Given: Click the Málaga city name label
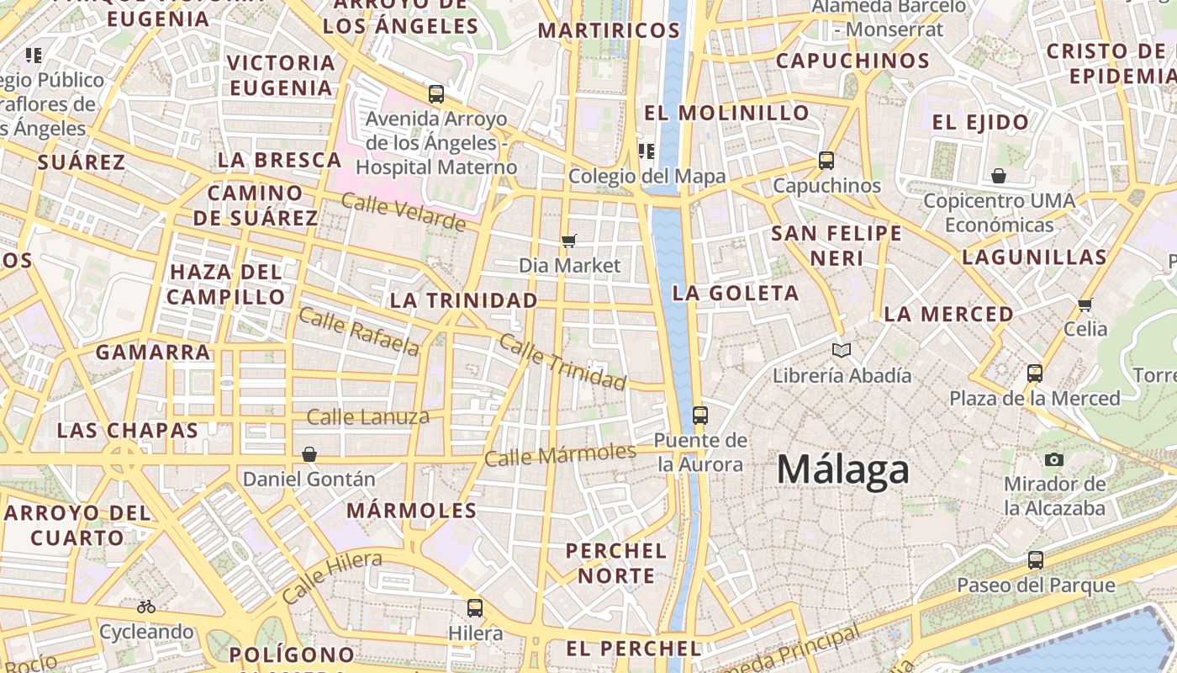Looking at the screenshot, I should (x=842, y=469).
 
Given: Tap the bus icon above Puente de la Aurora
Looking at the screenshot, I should (x=699, y=415).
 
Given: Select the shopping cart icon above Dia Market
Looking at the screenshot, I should (x=569, y=241).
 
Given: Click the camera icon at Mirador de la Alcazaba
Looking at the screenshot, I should (x=1053, y=459).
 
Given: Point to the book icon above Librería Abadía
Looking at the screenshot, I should (x=841, y=350).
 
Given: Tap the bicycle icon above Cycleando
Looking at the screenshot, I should (x=146, y=606).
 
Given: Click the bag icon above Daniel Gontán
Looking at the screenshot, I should (x=309, y=454).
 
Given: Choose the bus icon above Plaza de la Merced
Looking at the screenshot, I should (x=1035, y=373).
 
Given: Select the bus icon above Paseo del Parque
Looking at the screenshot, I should (x=1036, y=559).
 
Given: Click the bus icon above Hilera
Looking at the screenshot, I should (x=475, y=607).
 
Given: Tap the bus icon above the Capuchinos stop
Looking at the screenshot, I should (x=826, y=160).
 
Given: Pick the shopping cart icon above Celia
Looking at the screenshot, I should (x=1085, y=304).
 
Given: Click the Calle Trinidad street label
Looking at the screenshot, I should (x=562, y=361).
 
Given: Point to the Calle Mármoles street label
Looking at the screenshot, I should (x=560, y=454).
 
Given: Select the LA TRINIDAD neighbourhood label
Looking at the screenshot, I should (x=463, y=300).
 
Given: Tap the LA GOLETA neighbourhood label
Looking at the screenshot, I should (x=736, y=293).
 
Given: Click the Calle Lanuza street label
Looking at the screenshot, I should (x=367, y=416).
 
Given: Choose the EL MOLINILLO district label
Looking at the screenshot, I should (x=726, y=113).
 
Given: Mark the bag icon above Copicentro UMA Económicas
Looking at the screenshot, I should (x=999, y=176).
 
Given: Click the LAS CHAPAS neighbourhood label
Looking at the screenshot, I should (x=127, y=430).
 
